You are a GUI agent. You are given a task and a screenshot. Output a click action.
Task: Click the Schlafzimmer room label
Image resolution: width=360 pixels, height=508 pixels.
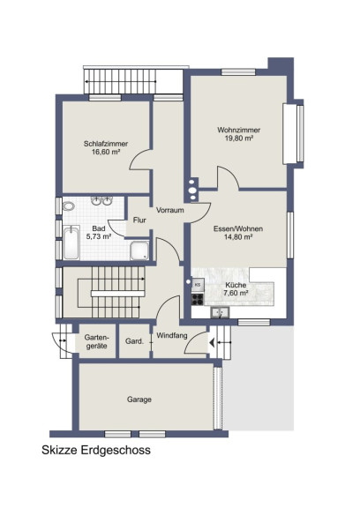(106, 144)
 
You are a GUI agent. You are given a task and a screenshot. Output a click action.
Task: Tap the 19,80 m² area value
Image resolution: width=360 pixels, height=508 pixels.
(239, 138)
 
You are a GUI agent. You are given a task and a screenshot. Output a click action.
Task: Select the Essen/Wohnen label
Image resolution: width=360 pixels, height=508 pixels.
(238, 228)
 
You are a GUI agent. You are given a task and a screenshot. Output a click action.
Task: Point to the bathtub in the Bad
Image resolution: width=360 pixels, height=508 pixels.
(71, 243)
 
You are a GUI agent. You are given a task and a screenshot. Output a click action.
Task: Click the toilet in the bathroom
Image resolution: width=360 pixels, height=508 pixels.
(68, 205)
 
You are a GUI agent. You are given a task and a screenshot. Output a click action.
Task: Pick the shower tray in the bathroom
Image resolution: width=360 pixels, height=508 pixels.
(139, 250)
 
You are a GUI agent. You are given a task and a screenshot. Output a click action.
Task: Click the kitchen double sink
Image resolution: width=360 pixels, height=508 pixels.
(220, 312)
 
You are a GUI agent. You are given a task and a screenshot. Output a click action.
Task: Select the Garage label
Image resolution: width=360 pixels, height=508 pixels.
(139, 400)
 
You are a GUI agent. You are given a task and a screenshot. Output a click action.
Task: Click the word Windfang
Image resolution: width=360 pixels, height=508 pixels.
(172, 335)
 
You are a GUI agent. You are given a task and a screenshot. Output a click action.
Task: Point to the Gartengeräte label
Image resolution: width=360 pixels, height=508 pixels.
(96, 341)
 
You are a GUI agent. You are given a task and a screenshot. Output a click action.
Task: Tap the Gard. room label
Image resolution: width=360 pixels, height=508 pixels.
(134, 341)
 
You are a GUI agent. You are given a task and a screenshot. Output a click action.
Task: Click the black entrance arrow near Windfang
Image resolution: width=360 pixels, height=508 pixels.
(212, 342)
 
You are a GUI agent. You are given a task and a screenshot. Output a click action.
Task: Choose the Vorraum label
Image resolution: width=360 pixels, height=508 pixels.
(169, 210)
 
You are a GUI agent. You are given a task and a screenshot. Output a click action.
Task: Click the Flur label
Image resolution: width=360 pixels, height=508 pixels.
(139, 220)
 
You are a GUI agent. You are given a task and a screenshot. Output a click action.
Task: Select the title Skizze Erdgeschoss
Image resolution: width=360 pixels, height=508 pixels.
(96, 450)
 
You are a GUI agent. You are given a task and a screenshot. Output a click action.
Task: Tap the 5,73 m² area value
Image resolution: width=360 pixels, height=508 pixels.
(99, 236)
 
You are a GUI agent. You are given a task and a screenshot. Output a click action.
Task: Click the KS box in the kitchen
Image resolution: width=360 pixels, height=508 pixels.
(198, 285)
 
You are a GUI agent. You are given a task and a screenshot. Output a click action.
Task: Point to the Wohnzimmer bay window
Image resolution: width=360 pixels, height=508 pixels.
(293, 133)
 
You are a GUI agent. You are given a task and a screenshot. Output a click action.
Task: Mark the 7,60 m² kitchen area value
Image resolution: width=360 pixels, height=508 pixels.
(236, 293)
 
